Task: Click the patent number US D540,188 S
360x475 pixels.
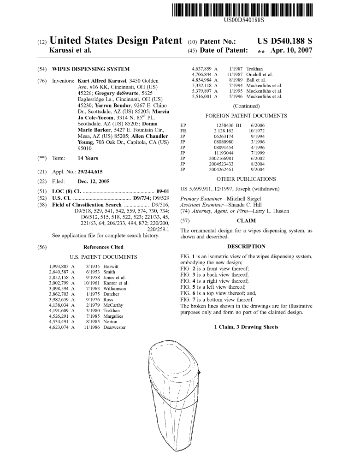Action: pos(284,41)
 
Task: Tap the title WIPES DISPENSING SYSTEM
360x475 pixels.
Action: pos(91,69)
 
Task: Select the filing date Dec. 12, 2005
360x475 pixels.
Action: pos(94,181)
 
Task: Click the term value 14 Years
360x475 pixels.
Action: pos(88,158)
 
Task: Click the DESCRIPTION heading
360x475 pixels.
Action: pos(246,246)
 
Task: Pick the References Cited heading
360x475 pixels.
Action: pos(103,247)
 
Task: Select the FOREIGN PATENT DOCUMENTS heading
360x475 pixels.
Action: pos(246,116)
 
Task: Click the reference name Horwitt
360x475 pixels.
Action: pos(111,267)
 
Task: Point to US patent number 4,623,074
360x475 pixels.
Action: pos(59,327)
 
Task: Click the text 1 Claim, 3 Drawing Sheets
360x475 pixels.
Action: pos(246,327)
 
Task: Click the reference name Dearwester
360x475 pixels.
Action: pos(115,327)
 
